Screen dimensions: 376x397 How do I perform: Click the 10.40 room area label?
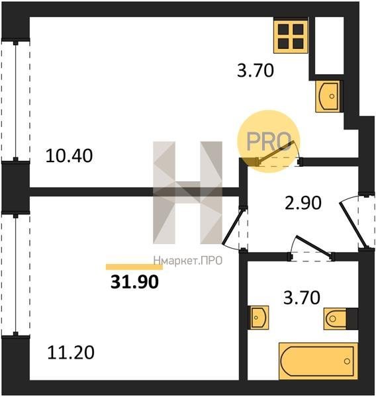[69, 155]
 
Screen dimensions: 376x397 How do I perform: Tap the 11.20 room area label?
[71, 353]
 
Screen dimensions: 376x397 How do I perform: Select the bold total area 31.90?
[135, 282]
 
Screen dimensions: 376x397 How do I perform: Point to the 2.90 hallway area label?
[303, 203]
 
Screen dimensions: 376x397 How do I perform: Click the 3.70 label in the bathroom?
[302, 298]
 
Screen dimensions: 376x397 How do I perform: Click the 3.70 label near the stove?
[256, 70]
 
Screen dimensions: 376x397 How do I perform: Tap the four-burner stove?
[291, 36]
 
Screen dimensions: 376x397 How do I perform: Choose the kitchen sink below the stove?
[329, 96]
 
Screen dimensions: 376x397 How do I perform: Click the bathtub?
[318, 361]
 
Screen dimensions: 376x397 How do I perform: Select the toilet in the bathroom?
[340, 319]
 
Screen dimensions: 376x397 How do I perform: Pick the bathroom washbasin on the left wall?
[258, 317]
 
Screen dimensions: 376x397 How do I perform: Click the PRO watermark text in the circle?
[269, 142]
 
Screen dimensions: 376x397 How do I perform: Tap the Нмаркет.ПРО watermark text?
[188, 261]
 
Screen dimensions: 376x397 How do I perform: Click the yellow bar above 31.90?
[134, 267]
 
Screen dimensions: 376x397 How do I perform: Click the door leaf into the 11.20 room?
[232, 226]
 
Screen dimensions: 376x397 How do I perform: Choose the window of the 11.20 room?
[16, 275]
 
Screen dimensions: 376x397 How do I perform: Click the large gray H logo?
[188, 193]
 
